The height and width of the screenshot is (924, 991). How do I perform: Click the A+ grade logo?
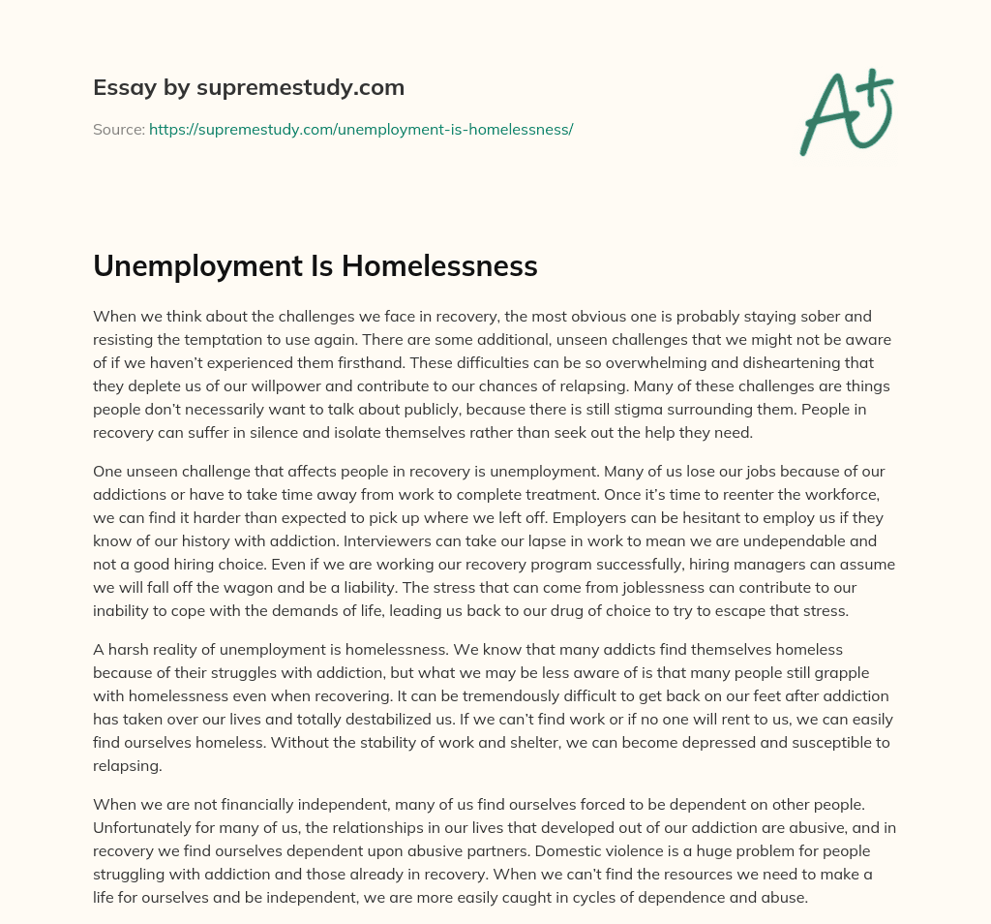pos(846,111)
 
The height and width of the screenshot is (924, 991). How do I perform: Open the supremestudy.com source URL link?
pos(361,129)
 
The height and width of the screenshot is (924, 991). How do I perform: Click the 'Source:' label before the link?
pos(119,129)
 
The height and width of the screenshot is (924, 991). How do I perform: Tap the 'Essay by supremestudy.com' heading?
pos(249,88)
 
